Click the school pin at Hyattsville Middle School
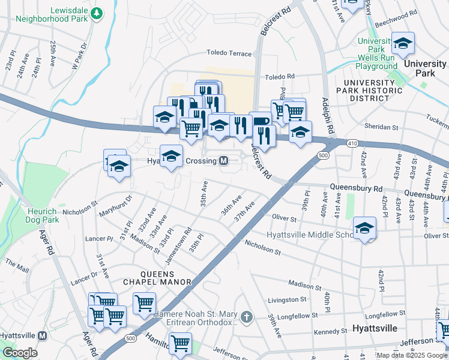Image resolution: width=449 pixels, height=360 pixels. [x=364, y=228]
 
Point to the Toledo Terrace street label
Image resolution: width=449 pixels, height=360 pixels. [x=229, y=53]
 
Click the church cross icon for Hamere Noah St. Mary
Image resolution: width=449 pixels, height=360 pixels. [x=246, y=316]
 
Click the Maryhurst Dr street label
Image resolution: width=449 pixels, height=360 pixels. [x=116, y=204]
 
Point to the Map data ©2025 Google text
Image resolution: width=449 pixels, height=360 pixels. [x=411, y=355]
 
